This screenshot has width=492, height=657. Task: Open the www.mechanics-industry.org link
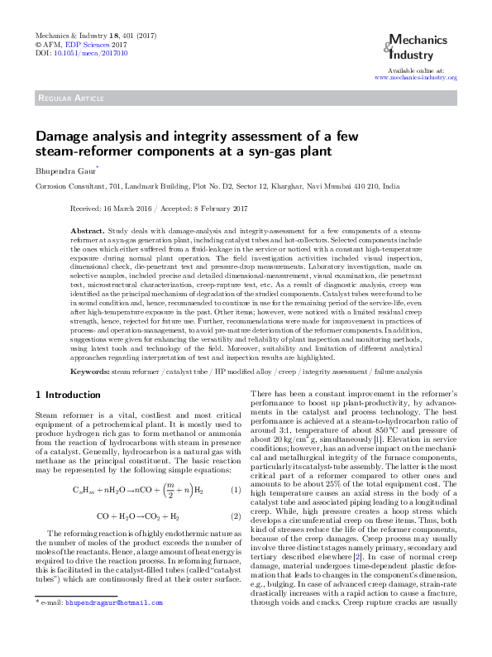pos(416,77)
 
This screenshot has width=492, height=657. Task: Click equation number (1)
pos(235,491)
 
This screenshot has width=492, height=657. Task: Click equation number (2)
pos(235,516)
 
